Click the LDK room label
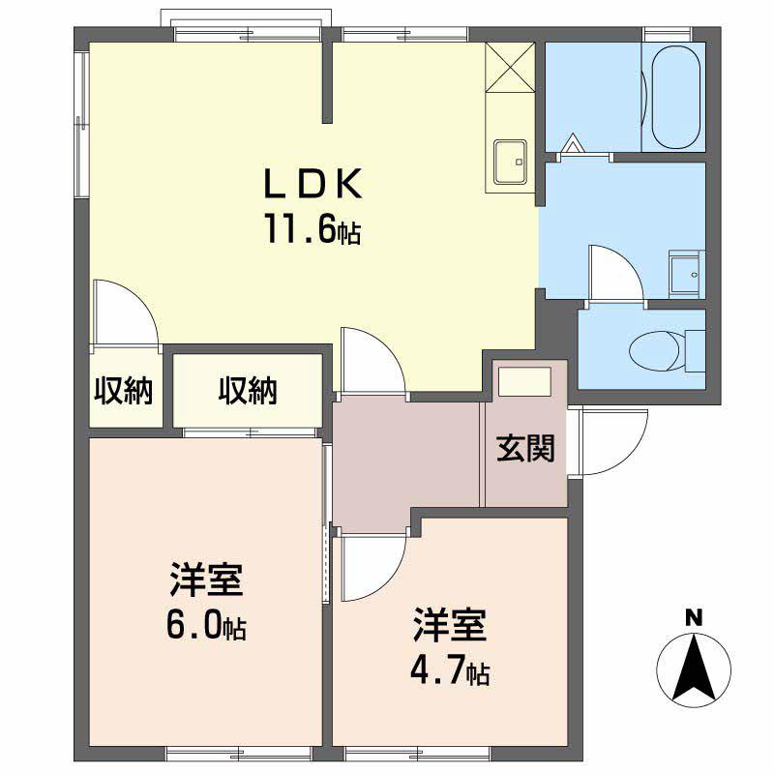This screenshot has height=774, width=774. pyautogui.click(x=313, y=184)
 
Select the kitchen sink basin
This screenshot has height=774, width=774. pyautogui.click(x=509, y=160)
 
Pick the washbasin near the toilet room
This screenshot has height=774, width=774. pyautogui.click(x=686, y=273)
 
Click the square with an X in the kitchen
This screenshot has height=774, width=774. pyautogui.click(x=509, y=68)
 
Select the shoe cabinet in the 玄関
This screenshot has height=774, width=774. pyautogui.click(x=522, y=380)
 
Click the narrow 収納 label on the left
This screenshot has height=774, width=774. pyautogui.click(x=124, y=391)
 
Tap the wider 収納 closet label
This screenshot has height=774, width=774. pyautogui.click(x=247, y=391)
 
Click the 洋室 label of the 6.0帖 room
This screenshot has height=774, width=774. pyautogui.click(x=205, y=582)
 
